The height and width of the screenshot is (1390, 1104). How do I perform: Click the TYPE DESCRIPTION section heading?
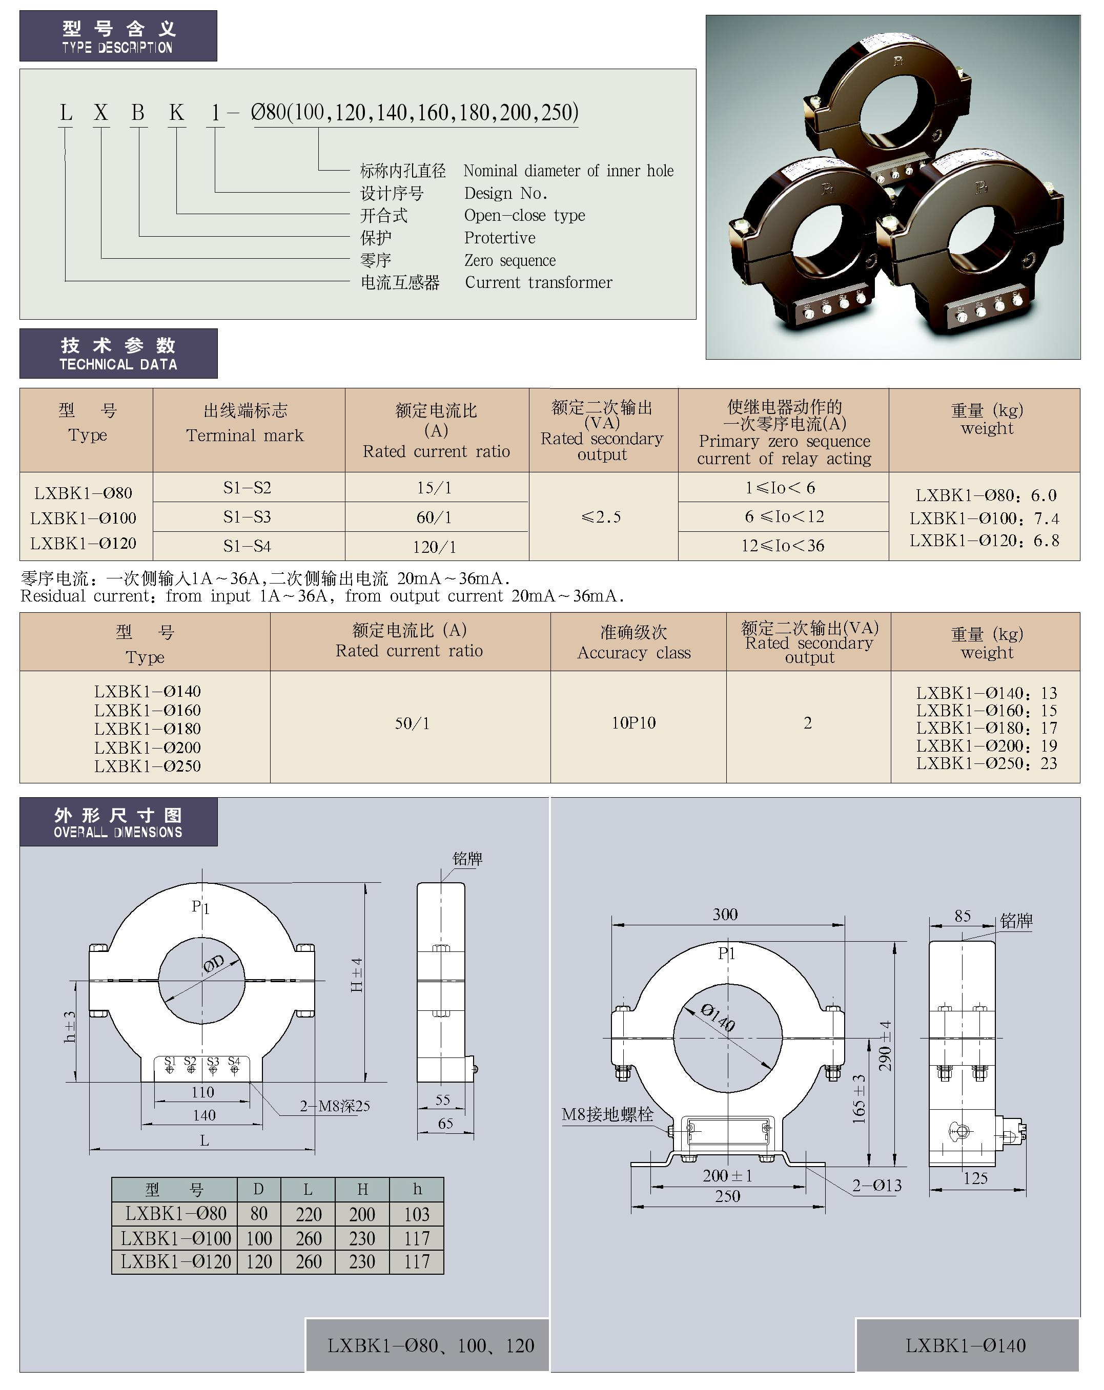(117, 48)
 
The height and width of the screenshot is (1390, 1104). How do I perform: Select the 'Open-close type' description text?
(524, 215)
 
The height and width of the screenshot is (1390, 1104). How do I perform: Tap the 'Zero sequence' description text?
(509, 260)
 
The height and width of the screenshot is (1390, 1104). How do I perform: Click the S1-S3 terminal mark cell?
(247, 516)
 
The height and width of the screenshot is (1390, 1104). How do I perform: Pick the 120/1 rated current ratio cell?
(435, 547)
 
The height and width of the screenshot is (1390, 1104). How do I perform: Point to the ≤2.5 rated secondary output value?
(601, 516)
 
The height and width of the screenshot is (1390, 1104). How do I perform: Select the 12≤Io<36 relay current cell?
(783, 546)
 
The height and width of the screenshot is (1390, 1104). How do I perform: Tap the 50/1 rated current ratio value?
(412, 723)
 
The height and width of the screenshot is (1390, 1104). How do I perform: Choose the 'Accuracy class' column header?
(634, 652)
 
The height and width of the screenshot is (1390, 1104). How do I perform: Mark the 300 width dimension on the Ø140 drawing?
(725, 914)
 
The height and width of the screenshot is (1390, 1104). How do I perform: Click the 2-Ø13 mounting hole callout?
(877, 1185)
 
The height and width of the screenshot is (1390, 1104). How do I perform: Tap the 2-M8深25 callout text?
(335, 1106)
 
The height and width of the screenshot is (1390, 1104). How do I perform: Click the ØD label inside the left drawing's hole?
(213, 963)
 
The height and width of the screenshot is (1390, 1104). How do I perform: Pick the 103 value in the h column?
(417, 1214)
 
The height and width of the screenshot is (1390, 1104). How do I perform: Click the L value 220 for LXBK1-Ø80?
(308, 1214)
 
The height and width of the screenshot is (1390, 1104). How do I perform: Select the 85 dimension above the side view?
(962, 916)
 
